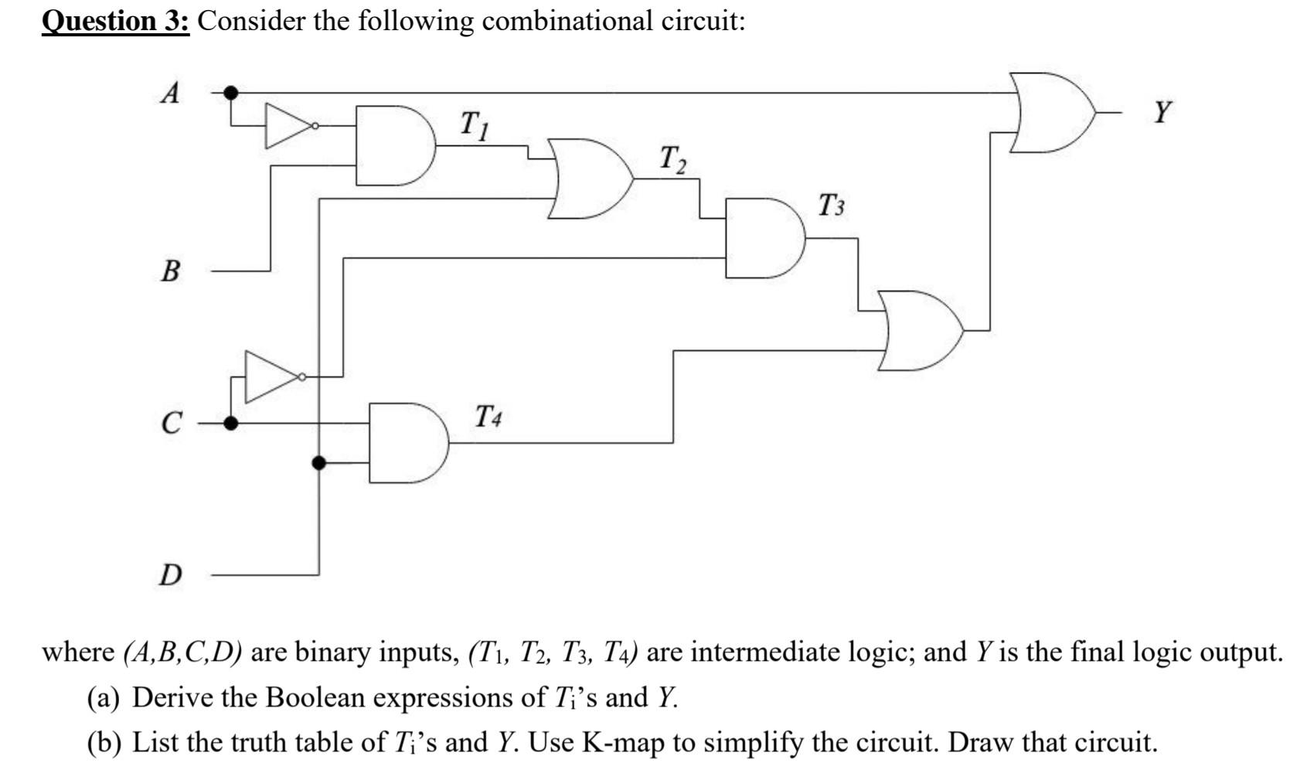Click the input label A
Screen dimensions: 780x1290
pos(171,94)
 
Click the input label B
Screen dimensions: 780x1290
pos(171,271)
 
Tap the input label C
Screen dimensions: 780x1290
pos(172,424)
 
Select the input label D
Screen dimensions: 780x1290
pos(171,575)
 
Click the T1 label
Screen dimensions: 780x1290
pos(474,125)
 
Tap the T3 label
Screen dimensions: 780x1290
pos(832,206)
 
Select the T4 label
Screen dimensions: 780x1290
pos(488,417)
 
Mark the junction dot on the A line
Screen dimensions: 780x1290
pos(230,93)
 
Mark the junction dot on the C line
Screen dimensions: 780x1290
pos(230,423)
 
